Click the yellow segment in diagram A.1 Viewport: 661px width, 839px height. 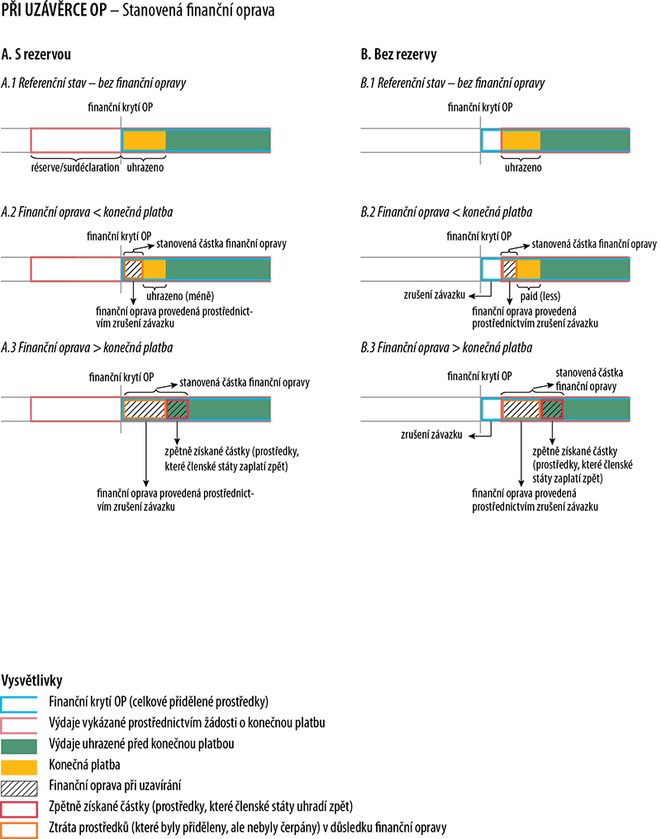coord(145,141)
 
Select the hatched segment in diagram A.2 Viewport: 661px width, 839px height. coord(133,269)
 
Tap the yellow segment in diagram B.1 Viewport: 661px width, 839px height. coord(521,141)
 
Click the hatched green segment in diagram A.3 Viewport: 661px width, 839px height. coord(178,409)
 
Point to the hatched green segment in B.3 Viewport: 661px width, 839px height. coord(553,409)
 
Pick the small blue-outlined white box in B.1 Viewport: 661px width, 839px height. coord(491,141)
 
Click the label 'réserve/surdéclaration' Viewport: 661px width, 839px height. coord(75,168)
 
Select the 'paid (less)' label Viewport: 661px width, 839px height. coord(540,296)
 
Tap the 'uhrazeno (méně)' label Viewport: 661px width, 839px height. coord(180,296)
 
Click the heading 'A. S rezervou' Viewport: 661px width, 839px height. coord(36,54)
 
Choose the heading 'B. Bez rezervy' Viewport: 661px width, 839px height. coord(398,54)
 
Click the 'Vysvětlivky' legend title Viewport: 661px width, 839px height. coord(31,680)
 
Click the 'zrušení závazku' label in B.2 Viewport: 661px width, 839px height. coord(435,295)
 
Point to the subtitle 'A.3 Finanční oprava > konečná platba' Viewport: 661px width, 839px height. coord(87,348)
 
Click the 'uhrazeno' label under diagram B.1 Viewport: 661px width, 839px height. coord(523,168)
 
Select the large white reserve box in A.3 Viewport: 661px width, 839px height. coord(76,409)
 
